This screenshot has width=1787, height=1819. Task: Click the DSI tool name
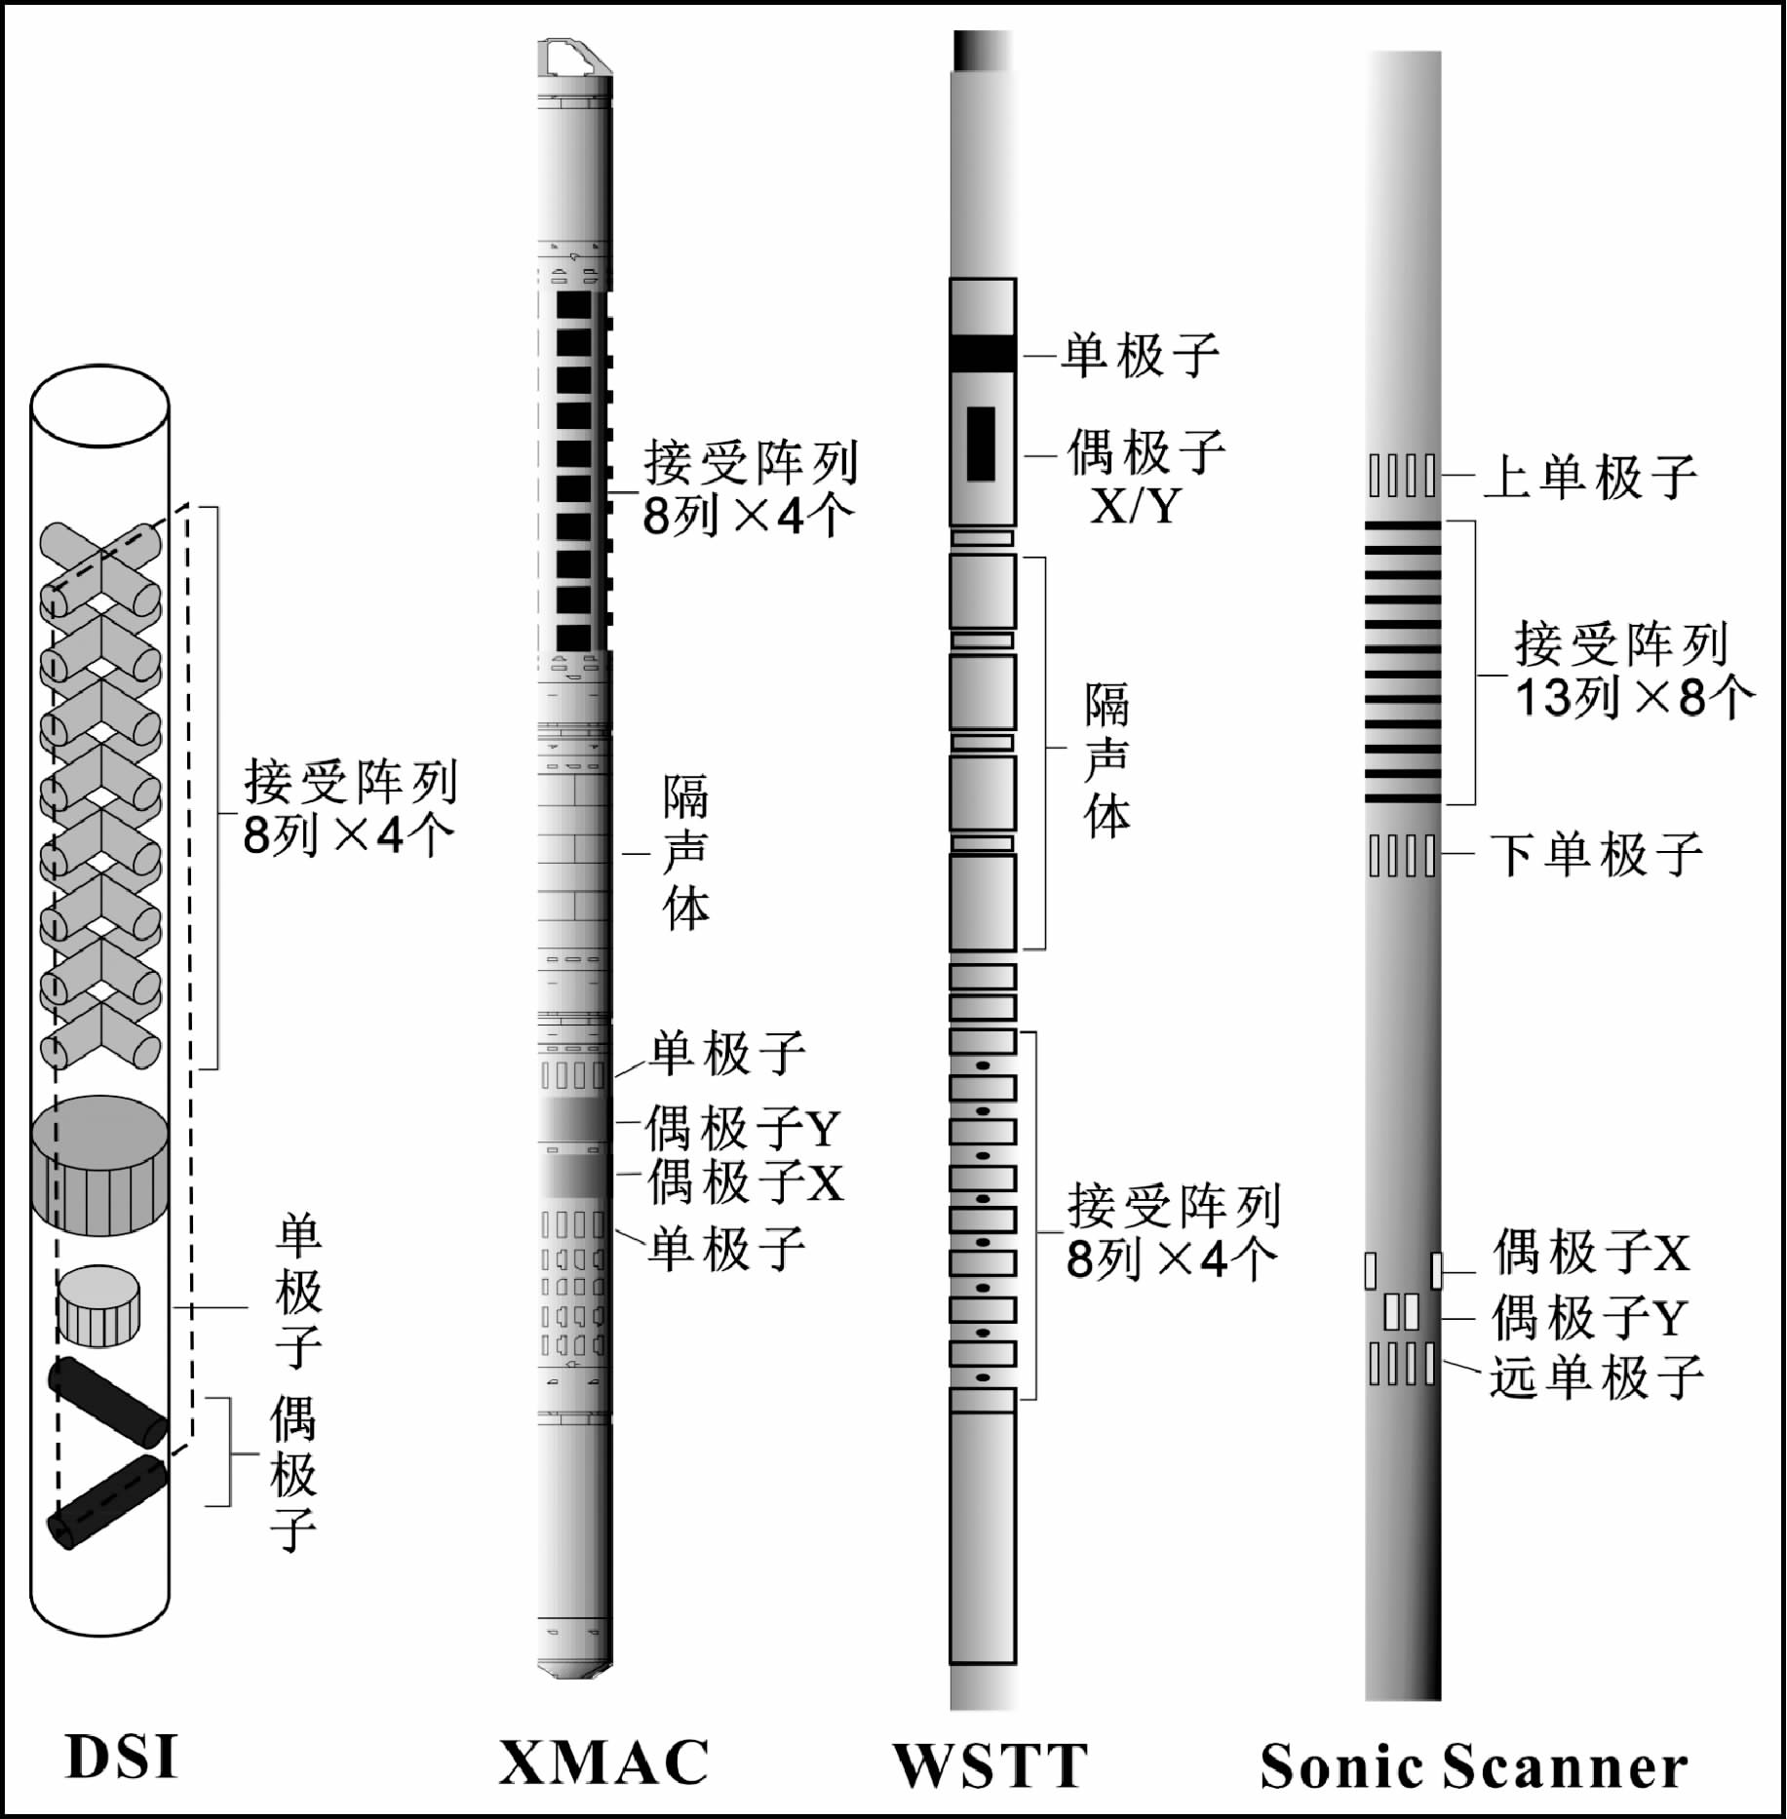tap(122, 1757)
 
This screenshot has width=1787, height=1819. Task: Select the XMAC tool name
tap(604, 1761)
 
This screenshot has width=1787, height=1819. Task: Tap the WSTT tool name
tap(991, 1763)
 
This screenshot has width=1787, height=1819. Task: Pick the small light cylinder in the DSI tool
tap(98, 1303)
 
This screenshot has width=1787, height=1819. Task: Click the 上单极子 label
tap(1590, 477)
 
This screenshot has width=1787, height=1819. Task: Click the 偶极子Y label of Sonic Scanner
tap(1588, 1317)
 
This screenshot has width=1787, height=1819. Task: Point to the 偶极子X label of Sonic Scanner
tap(1591, 1253)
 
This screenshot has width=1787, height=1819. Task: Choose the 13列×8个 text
tap(1634, 698)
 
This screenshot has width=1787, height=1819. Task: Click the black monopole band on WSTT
tap(983, 353)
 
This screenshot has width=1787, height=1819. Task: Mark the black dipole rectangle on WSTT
tap(981, 444)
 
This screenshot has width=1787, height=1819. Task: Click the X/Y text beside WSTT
tap(1135, 505)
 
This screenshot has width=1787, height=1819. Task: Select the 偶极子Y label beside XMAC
tap(742, 1128)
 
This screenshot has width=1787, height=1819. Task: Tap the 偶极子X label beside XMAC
tap(745, 1180)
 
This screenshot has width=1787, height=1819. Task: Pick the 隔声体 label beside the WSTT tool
tap(1107, 760)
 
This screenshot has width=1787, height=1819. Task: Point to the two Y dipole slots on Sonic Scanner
tap(1401, 1312)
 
